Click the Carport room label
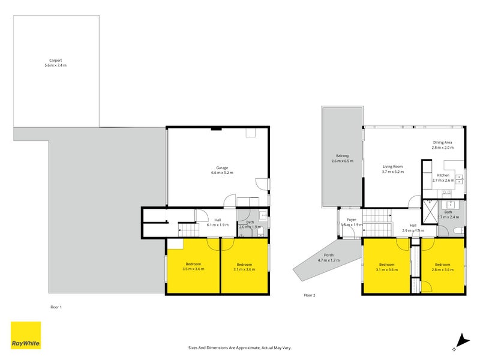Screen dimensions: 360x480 tap(56, 60)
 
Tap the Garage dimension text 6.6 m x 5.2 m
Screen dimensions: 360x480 tap(222, 173)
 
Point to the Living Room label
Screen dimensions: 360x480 tap(393, 167)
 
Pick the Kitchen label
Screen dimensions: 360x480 tap(443, 175)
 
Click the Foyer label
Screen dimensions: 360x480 tap(352, 220)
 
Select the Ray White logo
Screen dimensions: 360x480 tap(26, 335)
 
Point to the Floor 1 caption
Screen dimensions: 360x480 tap(56, 307)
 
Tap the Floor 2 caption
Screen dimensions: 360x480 tap(310, 295)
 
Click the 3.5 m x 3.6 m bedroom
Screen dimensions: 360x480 tap(193, 266)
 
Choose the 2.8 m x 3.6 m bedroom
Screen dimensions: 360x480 tap(443, 266)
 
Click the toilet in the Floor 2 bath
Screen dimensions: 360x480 tap(458, 230)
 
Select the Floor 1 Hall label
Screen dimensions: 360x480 tap(217, 220)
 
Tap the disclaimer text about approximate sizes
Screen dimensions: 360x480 tap(240, 347)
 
